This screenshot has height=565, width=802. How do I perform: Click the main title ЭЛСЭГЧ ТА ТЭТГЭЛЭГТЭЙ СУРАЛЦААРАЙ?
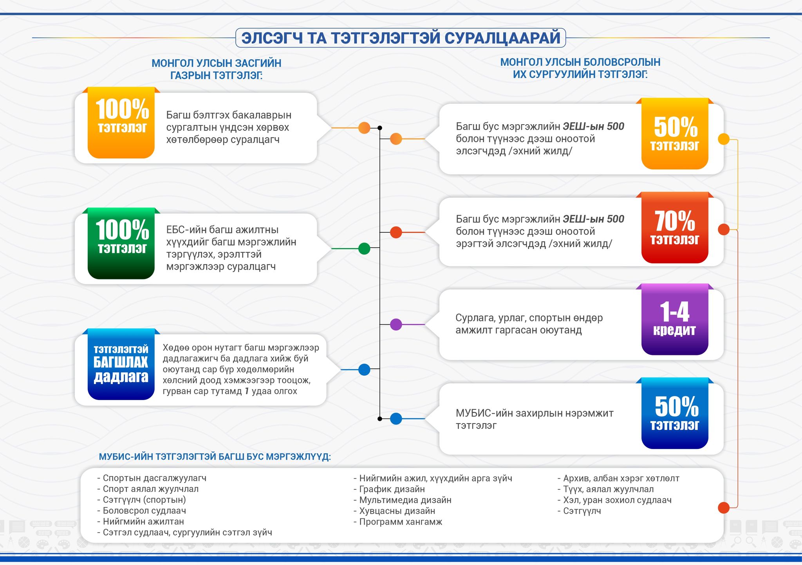pos(401,38)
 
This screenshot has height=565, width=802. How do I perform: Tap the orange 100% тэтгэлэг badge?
pos(121,122)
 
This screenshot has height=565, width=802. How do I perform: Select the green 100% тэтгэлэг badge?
pos(121,243)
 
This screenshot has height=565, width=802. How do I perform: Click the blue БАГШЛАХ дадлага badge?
pos(121,364)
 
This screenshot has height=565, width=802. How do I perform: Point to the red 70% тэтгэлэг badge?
pos(675,227)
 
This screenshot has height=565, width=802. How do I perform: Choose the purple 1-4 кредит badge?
pos(675,319)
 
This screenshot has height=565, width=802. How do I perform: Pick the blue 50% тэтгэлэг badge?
pos(675,413)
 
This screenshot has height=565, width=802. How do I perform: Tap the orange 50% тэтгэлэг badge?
pos(675,134)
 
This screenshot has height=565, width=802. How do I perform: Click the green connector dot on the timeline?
pos(364,248)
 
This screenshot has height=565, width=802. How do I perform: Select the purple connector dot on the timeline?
pos(396,324)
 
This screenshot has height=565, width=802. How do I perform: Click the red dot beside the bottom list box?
pos(724,507)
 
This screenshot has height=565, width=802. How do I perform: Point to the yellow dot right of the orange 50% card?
pos(724,139)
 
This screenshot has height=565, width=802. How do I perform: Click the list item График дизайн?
pos(389,489)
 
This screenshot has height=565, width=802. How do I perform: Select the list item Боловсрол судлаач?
pos(142,511)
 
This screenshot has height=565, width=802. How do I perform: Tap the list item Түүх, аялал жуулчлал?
pos(606,489)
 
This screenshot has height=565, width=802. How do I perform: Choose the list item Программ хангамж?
pos(398,522)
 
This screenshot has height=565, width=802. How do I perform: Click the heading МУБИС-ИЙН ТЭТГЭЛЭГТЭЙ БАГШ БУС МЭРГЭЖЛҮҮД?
pos(215,457)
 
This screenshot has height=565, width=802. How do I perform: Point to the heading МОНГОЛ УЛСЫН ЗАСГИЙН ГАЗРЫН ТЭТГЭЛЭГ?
pos(217,69)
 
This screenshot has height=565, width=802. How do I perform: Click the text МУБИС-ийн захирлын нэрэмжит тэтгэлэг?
pos(535,419)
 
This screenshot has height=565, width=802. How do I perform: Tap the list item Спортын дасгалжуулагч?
pos(152,478)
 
